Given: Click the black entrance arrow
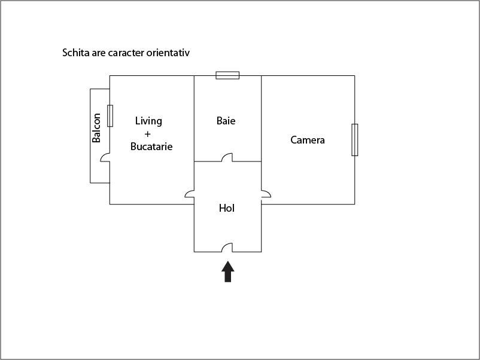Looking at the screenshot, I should click(x=227, y=271).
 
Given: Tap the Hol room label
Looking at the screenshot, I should click(x=226, y=208).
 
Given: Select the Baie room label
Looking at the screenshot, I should click(x=226, y=121).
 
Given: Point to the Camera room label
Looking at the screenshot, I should click(x=308, y=140).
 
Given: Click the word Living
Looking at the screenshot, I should click(x=148, y=121).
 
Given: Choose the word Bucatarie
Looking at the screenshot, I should click(x=151, y=146).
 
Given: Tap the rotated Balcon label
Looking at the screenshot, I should click(x=96, y=132).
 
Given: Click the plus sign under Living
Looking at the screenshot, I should click(x=147, y=133).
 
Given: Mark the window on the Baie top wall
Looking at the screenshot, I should click(x=227, y=75).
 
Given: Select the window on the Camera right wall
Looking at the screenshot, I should click(x=354, y=139).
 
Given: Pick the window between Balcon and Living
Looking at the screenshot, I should click(x=110, y=115).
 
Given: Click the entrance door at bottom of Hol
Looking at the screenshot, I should click(x=227, y=248).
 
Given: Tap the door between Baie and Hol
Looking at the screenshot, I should click(x=227, y=158).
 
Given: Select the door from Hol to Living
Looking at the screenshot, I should click(x=190, y=194).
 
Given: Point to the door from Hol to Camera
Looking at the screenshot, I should click(x=266, y=194).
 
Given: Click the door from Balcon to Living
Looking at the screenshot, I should click(x=105, y=158).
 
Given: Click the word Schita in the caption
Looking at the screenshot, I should click(x=75, y=53).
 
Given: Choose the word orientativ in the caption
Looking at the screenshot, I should click(x=168, y=53).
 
